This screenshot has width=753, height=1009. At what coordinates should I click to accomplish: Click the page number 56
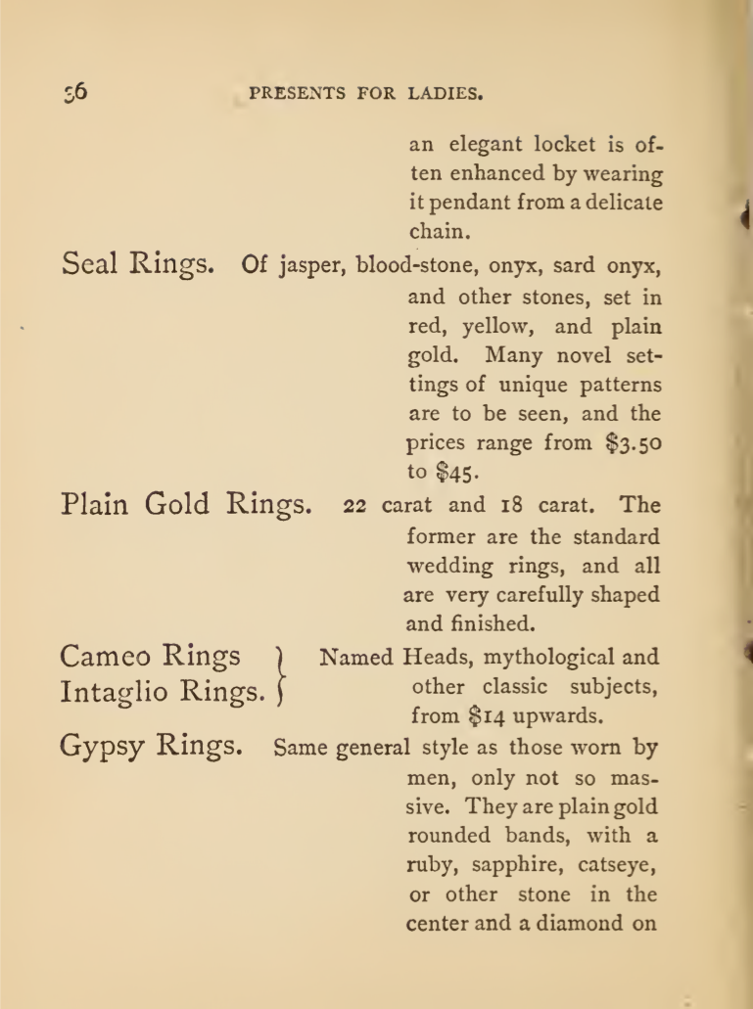point(74,93)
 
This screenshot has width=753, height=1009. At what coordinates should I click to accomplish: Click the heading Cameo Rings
point(151,657)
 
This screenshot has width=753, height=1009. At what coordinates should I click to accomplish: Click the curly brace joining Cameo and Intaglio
point(284,673)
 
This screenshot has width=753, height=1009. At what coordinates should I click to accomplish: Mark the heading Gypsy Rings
point(152,749)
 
